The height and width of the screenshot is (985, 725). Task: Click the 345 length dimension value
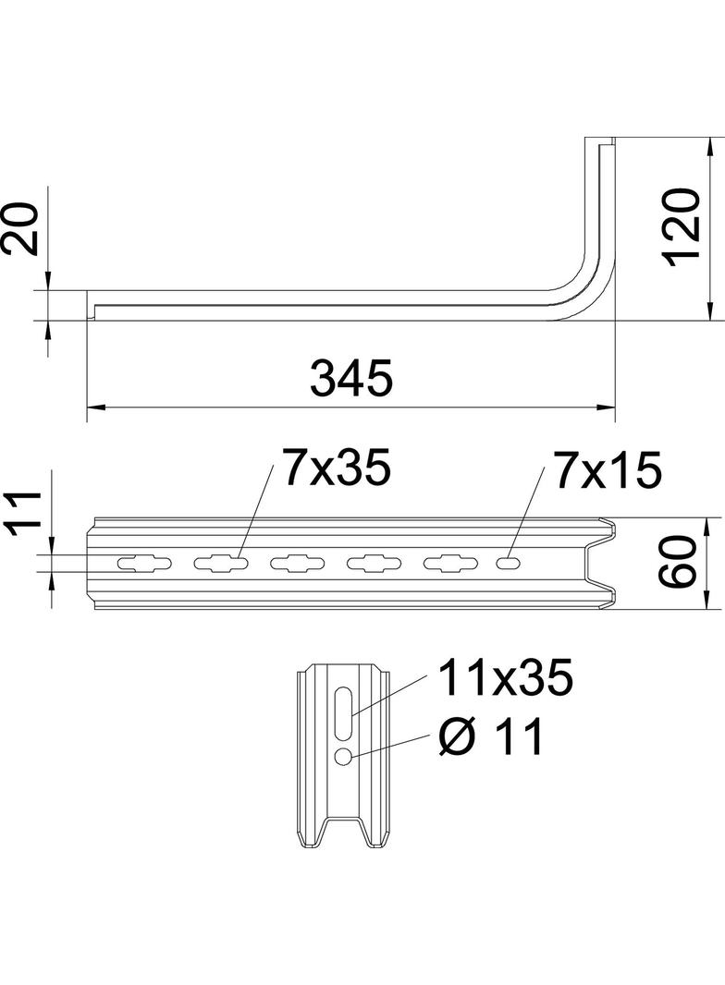351,378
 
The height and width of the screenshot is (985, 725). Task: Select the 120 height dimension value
680,226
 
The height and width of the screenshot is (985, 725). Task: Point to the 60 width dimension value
679,562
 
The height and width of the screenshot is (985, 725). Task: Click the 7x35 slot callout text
337,468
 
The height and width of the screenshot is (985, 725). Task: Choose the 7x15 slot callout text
608,470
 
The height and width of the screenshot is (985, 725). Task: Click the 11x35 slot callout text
505,678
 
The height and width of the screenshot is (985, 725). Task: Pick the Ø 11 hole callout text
490,736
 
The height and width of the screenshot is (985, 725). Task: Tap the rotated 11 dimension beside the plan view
24,515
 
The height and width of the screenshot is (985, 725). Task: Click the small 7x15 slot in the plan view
508,564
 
